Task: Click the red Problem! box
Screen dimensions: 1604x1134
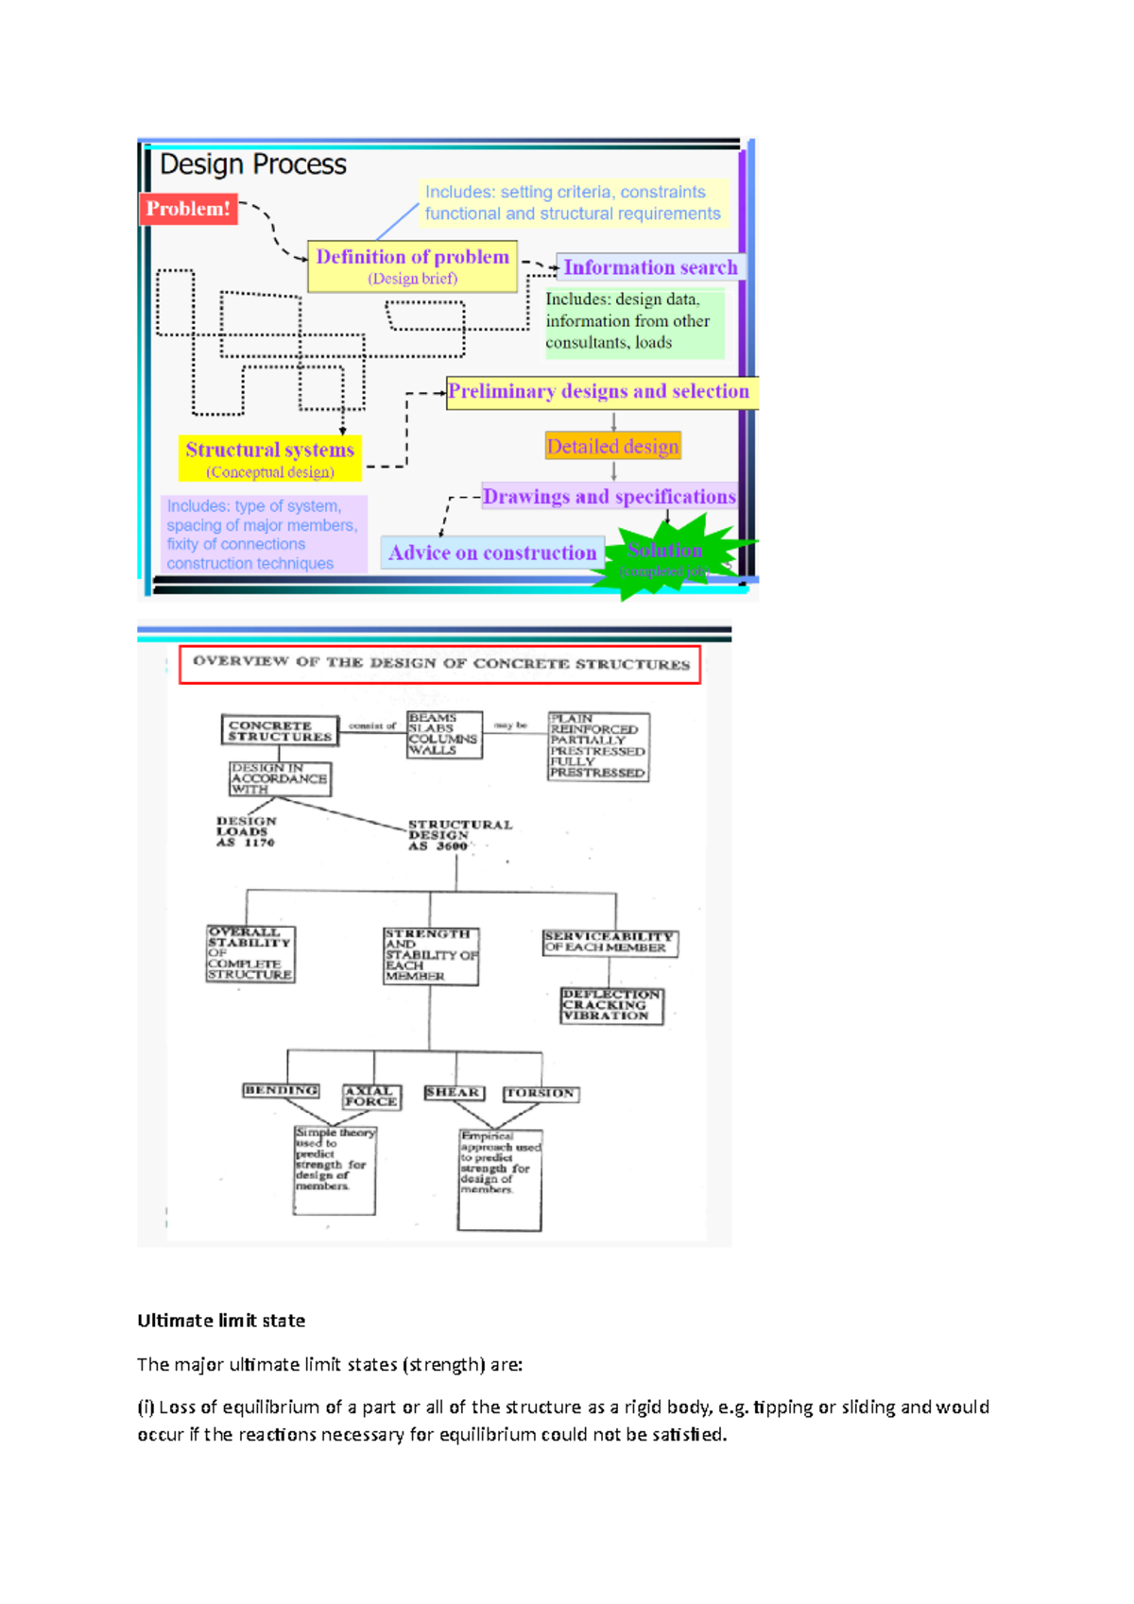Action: tap(188, 209)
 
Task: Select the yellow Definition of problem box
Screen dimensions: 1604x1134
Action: tap(413, 265)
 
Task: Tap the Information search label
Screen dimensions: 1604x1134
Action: tap(650, 267)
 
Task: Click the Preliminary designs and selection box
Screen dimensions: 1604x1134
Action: tap(600, 392)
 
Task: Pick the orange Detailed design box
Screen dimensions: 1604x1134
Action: tap(612, 446)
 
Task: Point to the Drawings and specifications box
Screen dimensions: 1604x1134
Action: tap(609, 497)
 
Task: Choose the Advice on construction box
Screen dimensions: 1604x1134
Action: tap(492, 553)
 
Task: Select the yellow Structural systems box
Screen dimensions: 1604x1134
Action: tap(270, 458)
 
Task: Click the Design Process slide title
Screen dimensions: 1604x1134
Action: tap(253, 164)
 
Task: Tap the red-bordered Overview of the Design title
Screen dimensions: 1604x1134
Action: tap(440, 664)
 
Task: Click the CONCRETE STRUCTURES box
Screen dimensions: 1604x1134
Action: tap(280, 731)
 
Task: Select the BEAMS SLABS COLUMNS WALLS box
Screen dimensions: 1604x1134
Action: tap(443, 735)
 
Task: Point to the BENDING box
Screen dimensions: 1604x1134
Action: tap(281, 1091)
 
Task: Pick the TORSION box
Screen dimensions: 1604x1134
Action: tap(541, 1094)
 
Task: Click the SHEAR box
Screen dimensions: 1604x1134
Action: tap(454, 1093)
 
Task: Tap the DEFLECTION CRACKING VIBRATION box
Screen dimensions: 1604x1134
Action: tap(611, 1006)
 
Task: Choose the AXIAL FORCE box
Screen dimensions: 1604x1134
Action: tap(371, 1097)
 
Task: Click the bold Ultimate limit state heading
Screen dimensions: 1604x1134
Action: tap(221, 1321)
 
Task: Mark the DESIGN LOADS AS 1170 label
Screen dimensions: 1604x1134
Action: tap(246, 832)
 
